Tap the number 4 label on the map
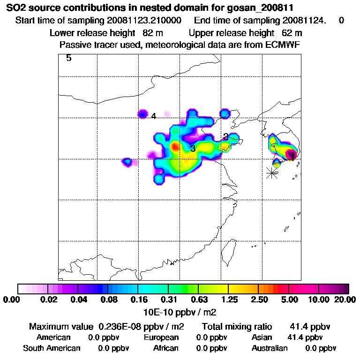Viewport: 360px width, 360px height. click(x=153, y=116)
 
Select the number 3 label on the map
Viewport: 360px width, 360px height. click(x=193, y=149)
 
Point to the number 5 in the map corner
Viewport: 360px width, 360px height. click(x=68, y=59)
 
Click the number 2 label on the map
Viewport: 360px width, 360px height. click(x=225, y=136)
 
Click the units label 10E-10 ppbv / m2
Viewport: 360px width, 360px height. click(x=180, y=312)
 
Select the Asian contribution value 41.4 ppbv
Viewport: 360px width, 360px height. click(x=305, y=337)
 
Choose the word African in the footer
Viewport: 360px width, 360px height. click(x=166, y=348)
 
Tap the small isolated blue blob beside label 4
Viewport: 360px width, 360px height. click(x=142, y=113)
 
